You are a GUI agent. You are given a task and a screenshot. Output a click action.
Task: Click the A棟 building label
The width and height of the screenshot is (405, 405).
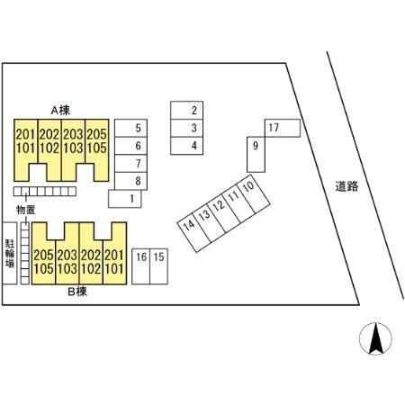(x=60, y=111)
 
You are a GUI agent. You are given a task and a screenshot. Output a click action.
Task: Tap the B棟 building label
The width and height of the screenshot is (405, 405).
(x=77, y=292)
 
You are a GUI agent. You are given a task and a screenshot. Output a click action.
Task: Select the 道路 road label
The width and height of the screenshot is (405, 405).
(x=346, y=186)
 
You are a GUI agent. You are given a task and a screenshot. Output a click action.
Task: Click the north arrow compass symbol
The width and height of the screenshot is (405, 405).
(x=375, y=338)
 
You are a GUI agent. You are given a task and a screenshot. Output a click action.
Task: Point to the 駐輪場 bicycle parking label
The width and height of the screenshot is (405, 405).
(x=10, y=253)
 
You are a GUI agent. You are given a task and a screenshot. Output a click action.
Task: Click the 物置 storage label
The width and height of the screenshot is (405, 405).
(x=26, y=210)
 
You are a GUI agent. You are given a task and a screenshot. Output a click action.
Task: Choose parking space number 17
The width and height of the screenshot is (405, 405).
(x=283, y=128)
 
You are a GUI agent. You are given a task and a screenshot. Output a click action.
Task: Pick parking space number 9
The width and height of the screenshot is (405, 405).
(x=256, y=155)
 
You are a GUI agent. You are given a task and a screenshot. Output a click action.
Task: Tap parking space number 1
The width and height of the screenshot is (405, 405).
(x=125, y=199)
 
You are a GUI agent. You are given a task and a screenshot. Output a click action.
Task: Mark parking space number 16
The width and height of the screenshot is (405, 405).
(x=140, y=266)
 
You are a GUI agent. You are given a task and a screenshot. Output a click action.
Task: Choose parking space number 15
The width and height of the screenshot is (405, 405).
(x=158, y=266)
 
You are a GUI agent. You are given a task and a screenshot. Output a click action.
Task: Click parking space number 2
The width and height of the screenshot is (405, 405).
(x=186, y=110)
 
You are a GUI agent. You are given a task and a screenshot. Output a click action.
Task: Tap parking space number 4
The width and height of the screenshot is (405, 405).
(x=186, y=146)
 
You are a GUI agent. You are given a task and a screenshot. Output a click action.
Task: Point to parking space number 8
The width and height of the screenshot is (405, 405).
(x=130, y=181)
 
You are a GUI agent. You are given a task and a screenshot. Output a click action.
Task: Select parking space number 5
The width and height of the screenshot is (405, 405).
(x=130, y=128)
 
